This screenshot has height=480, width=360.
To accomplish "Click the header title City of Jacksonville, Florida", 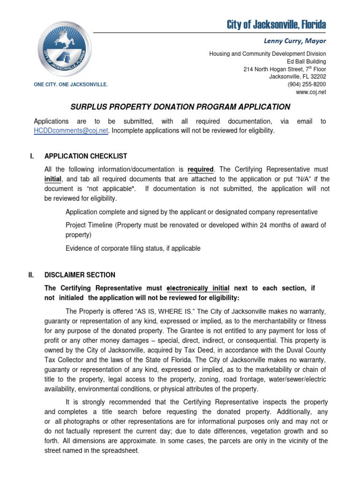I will pyautogui.click(x=277, y=24).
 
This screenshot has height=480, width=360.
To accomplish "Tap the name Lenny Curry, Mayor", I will pyautogui.click(x=298, y=41).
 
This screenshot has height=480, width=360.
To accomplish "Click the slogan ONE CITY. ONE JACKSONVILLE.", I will pyautogui.click(x=71, y=84).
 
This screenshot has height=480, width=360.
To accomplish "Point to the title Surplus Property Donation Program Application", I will pyautogui.click(x=180, y=107).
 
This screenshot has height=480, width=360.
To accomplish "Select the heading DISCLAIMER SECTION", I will pyautogui.click(x=80, y=275).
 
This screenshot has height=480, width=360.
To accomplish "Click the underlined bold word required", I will pyautogui.click(x=201, y=169).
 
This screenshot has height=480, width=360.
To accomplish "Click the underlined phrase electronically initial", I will pyautogui.click(x=198, y=288).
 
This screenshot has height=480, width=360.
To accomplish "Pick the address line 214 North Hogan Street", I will pyautogui.click(x=285, y=69).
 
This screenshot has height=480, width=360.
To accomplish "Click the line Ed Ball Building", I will pyautogui.click(x=306, y=61).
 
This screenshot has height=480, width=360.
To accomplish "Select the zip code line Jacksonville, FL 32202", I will pyautogui.click(x=298, y=77).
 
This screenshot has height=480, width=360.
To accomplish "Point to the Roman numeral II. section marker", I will pyautogui.click(x=32, y=275).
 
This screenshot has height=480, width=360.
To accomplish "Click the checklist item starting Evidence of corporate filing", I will pyautogui.click(x=133, y=248).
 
